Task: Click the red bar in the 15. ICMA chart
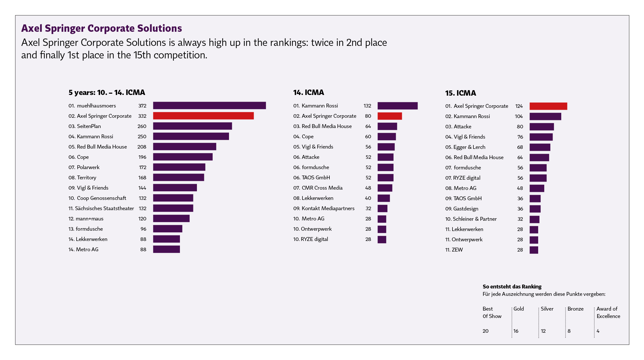tap(548, 106)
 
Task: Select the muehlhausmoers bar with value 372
tap(209, 106)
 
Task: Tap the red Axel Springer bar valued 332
tap(203, 116)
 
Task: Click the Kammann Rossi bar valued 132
tap(397, 106)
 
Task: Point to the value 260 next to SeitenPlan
tap(142, 126)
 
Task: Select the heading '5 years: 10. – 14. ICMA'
tap(106, 93)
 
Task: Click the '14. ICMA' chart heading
tap(309, 93)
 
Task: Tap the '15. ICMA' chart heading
tap(461, 93)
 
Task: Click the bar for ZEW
tap(534, 250)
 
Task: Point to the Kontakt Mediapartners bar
tap(382, 209)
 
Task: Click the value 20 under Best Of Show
tap(486, 331)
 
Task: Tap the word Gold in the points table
tap(519, 309)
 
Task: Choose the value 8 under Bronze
tap(569, 331)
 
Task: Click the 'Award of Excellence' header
tap(608, 313)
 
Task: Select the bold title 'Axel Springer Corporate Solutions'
tap(101, 29)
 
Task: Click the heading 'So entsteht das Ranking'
tap(512, 287)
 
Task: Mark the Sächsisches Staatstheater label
tap(101, 209)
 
